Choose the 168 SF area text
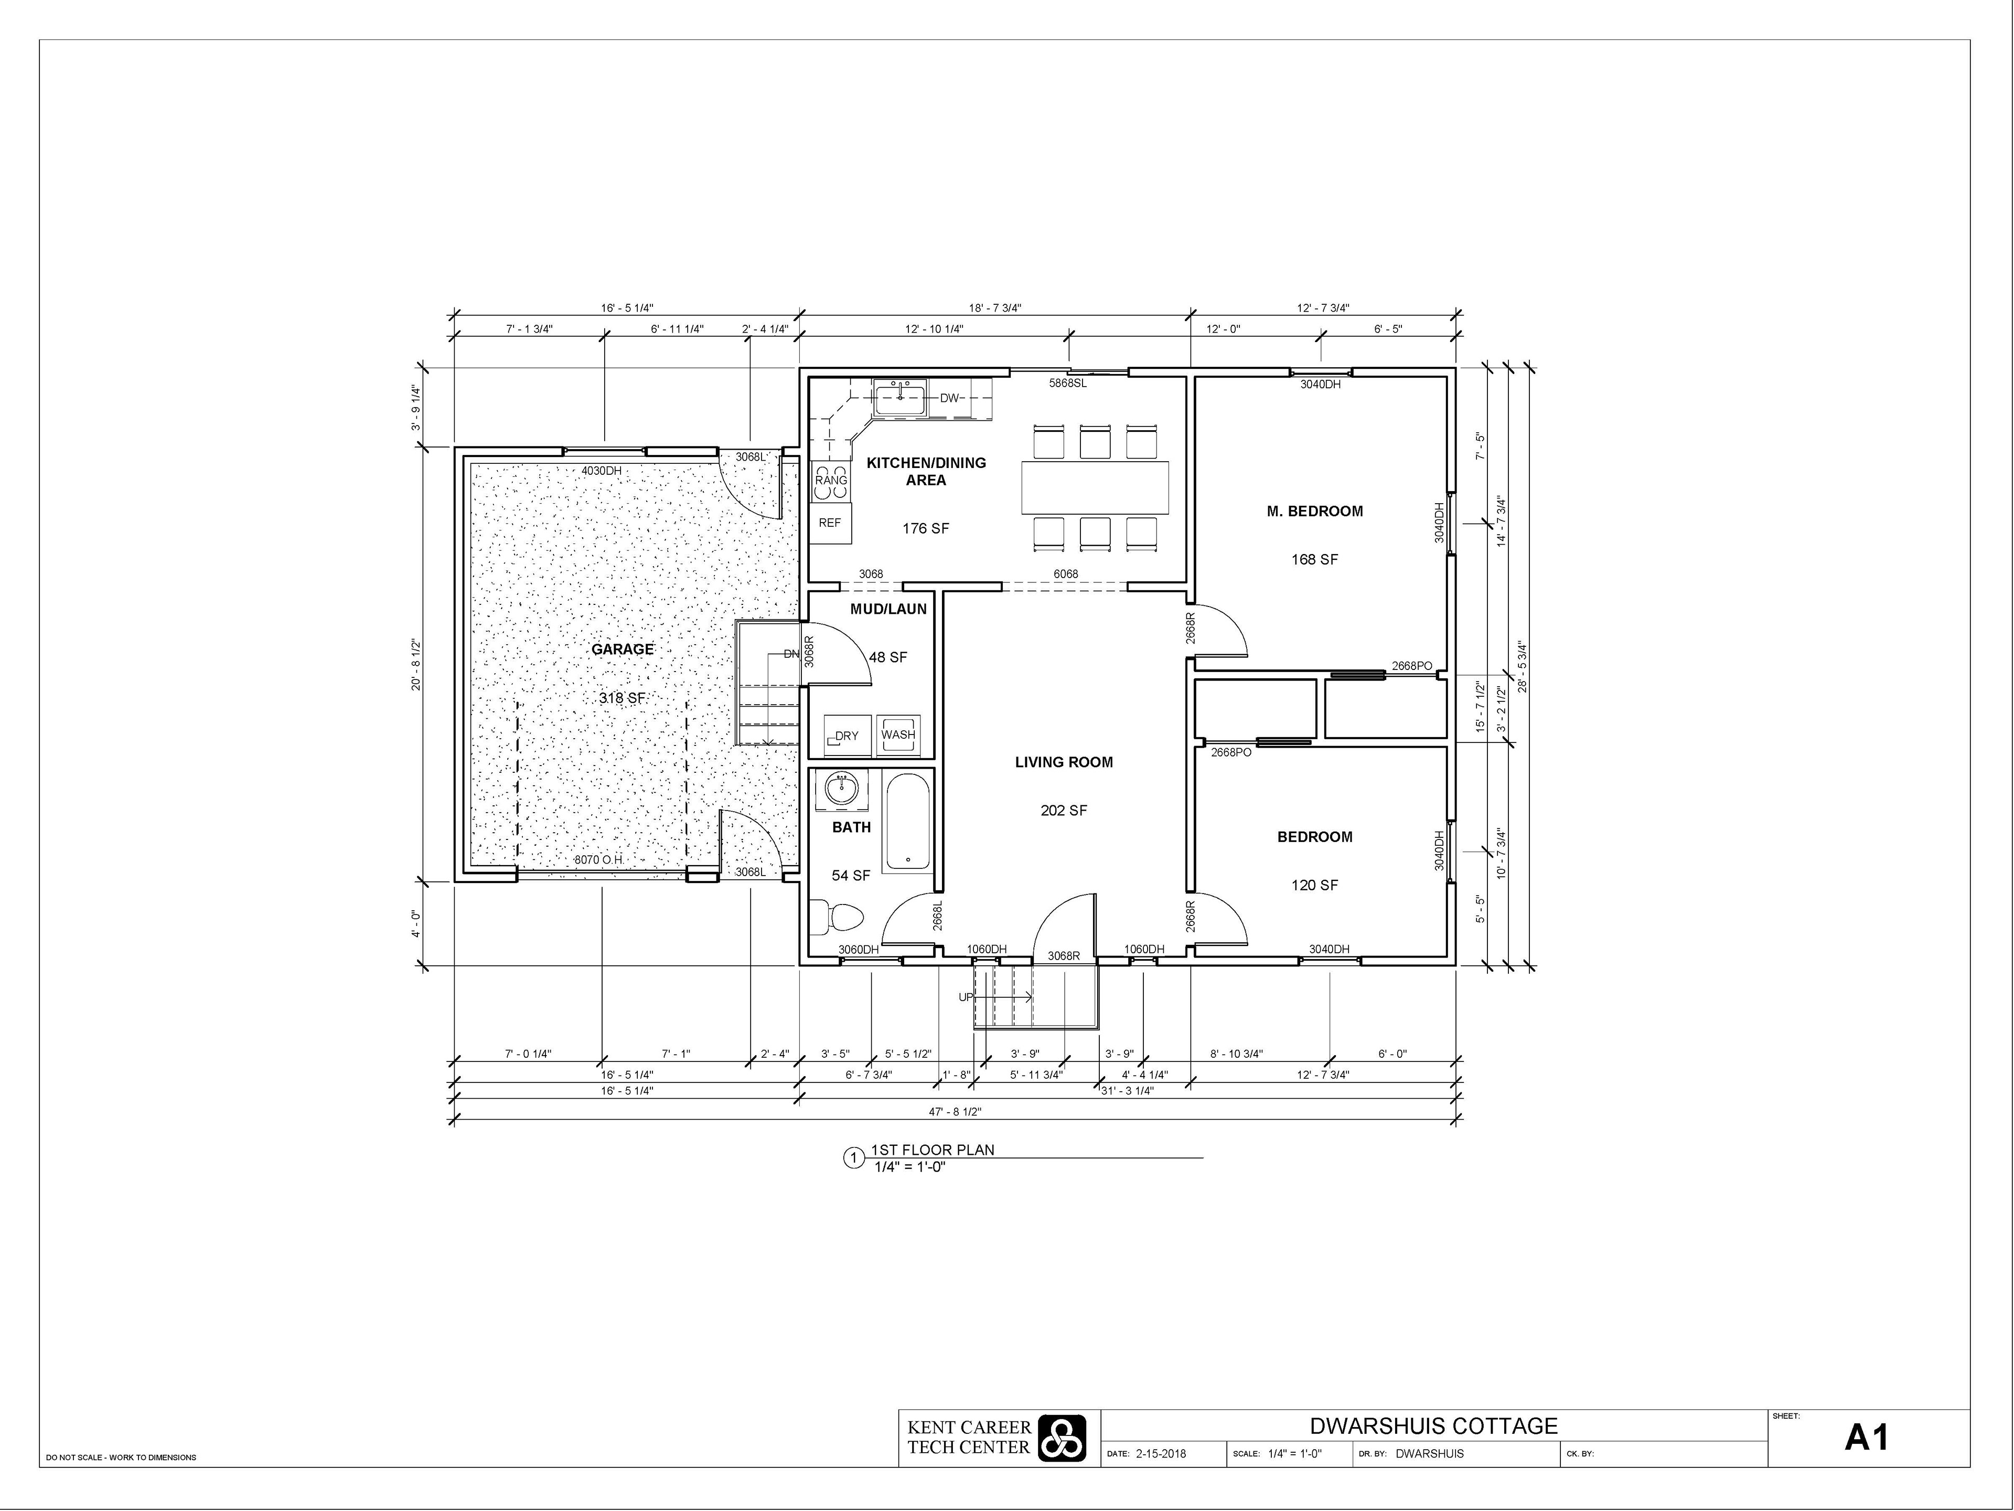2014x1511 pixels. tap(1315, 559)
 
